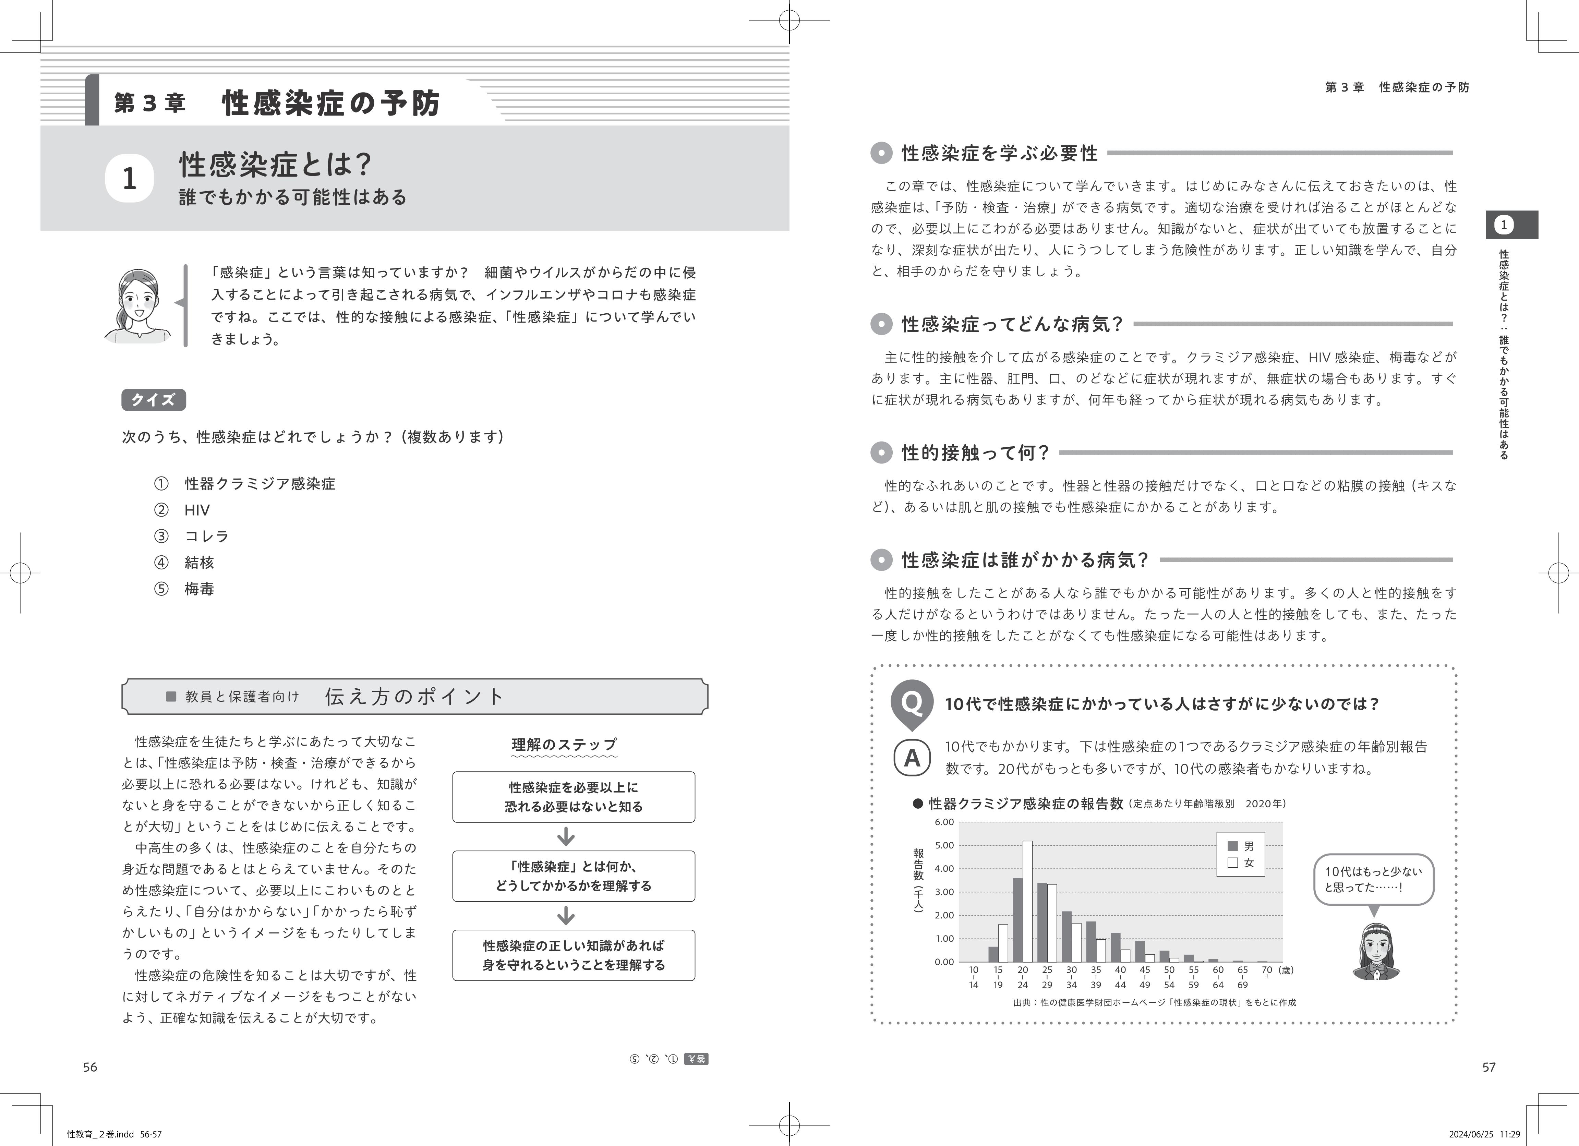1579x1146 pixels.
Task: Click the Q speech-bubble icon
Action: pos(911,702)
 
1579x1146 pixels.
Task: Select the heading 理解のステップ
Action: pos(564,744)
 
